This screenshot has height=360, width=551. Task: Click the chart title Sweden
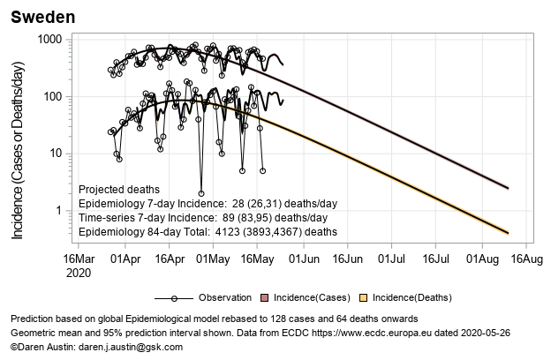pyautogui.click(x=42, y=17)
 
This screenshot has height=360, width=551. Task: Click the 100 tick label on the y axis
pyautogui.click(x=52, y=96)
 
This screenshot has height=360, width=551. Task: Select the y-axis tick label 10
pyautogui.click(x=56, y=154)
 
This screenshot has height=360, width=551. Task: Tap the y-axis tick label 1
pyautogui.click(x=59, y=210)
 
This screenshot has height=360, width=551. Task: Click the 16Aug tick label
pyautogui.click(x=526, y=259)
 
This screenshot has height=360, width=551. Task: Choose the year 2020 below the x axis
pyautogui.click(x=78, y=273)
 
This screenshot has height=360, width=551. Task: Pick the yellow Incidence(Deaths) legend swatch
pyautogui.click(x=360, y=297)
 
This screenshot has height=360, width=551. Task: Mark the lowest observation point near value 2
pyautogui.click(x=201, y=192)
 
